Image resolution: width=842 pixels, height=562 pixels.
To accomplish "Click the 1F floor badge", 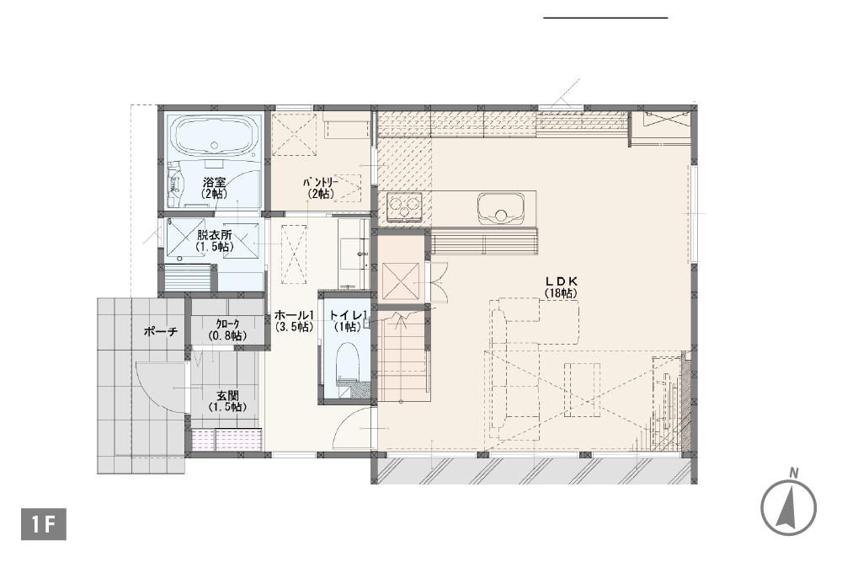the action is [x=44, y=524].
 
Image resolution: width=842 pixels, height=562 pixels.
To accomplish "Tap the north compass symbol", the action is [x=788, y=505].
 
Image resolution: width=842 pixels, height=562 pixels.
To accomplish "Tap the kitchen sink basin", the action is [x=501, y=208].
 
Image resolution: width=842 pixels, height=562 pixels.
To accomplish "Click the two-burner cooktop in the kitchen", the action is [x=404, y=207].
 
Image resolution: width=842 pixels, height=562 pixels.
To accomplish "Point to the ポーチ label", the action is [x=161, y=331].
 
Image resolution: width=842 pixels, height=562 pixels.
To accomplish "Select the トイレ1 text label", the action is [x=348, y=315].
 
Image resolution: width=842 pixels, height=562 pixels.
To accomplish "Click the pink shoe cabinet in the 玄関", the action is [x=227, y=440].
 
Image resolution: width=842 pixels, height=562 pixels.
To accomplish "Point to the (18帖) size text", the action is [x=561, y=293].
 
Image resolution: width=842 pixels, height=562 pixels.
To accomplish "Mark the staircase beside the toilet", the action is [x=403, y=354].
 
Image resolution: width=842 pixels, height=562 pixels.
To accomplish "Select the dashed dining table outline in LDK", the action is [x=582, y=389].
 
